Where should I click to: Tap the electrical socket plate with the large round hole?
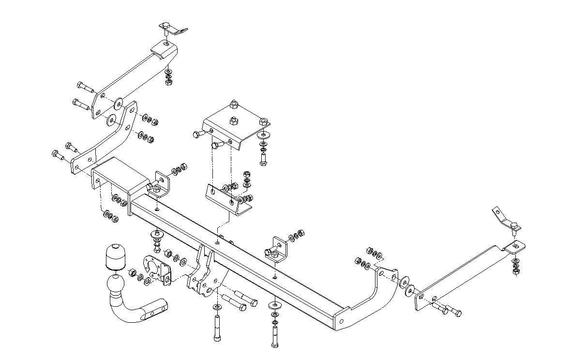point(157,268)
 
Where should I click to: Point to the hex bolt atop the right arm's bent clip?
point(514,225)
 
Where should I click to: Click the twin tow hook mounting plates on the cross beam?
point(206,273)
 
